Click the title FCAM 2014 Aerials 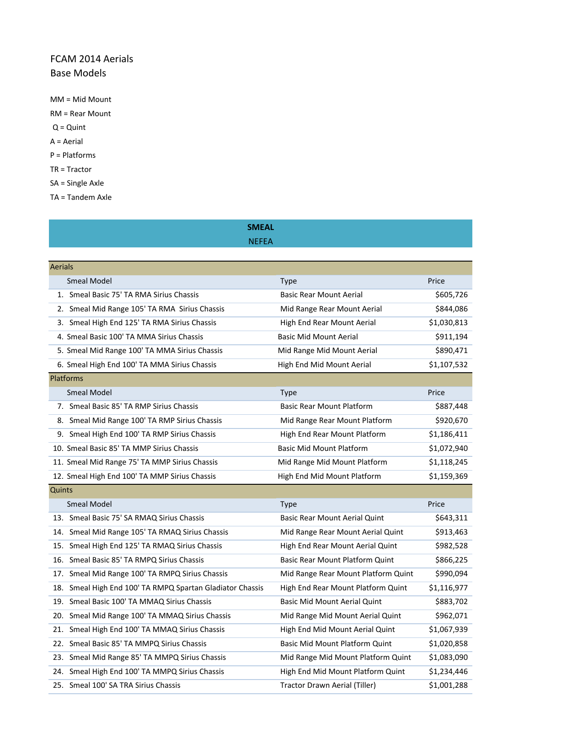coord(91,59)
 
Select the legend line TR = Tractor coord(71,169)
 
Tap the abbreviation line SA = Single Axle coord(77,183)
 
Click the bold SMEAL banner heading coord(261,227)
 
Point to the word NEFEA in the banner coord(261,241)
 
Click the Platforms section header coord(67,379)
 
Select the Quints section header coord(61,490)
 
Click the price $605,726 coord(451,295)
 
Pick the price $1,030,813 coord(448,323)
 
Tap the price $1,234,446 coord(448,672)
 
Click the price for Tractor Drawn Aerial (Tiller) coord(448,685)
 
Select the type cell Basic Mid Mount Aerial coord(318,337)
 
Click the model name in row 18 coord(166,588)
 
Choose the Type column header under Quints coord(289,504)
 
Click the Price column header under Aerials coord(436,281)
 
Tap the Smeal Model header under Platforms coord(89,393)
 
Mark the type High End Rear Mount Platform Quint coord(343,588)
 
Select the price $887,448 coord(451,407)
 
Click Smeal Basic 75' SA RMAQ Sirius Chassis coord(137,518)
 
